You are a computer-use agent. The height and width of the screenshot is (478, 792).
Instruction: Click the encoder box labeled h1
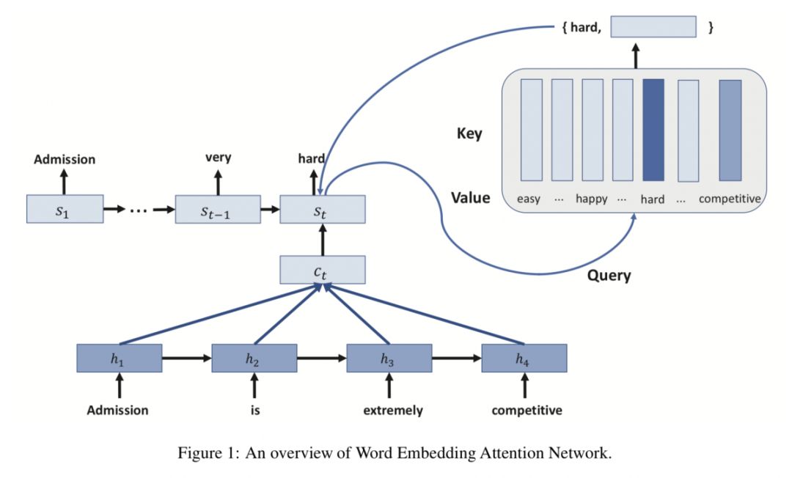[x=119, y=358]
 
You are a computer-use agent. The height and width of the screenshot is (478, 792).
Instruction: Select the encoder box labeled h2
[x=254, y=358]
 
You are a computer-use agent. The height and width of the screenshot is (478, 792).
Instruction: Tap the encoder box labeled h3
[x=389, y=358]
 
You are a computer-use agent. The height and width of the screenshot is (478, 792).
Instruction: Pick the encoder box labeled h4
[x=524, y=358]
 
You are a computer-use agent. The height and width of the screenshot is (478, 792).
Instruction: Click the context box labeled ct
[x=322, y=270]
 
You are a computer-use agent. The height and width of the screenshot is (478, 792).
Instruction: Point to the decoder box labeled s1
[x=63, y=209]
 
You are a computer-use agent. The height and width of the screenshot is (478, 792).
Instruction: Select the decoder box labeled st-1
[x=218, y=209]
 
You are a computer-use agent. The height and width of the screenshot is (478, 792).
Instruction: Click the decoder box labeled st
[x=322, y=209]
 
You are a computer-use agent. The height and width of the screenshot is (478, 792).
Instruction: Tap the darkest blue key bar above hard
[x=653, y=130]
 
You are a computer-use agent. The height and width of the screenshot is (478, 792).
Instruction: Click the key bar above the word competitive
[x=730, y=130]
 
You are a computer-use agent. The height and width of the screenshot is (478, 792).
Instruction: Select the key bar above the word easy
[x=531, y=130]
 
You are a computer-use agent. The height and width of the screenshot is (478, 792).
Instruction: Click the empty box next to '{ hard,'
[x=653, y=27]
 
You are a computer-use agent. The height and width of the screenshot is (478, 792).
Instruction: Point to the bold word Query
[x=609, y=276]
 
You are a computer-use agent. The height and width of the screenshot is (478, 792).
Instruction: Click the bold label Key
[x=469, y=134]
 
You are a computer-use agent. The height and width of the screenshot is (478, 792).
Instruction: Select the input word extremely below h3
[x=392, y=411]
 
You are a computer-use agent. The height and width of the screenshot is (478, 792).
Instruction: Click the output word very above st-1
[x=218, y=158]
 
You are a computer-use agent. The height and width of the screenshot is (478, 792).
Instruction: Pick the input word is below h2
[x=254, y=411]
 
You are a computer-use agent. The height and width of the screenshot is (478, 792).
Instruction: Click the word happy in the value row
[x=592, y=199]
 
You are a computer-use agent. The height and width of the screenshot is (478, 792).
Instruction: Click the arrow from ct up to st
[x=322, y=239]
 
